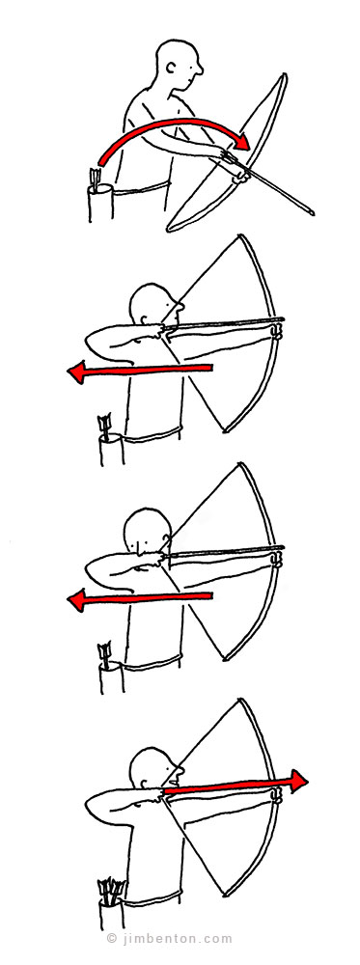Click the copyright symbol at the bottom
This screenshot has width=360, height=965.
click(111, 939)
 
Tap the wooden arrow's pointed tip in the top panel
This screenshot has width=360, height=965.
click(314, 214)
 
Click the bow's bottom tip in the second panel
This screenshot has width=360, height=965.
click(225, 430)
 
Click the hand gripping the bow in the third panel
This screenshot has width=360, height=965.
click(278, 560)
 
